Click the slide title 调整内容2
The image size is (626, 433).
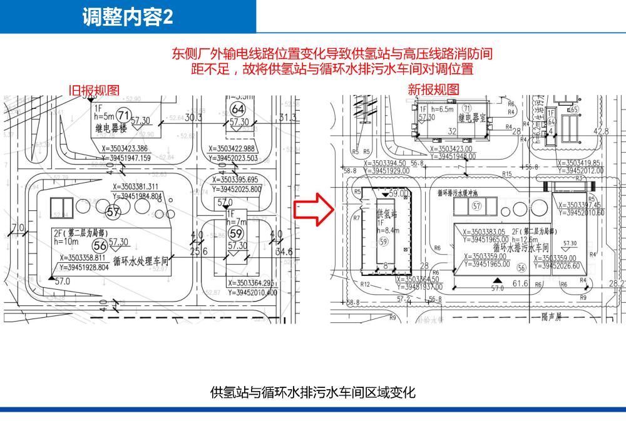(x=128, y=17)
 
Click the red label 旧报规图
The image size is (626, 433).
(x=94, y=90)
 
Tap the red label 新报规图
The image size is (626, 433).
(x=433, y=89)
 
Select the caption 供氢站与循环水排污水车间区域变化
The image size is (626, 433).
(x=313, y=392)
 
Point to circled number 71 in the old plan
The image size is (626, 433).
(x=123, y=115)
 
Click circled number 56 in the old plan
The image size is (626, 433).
(x=99, y=245)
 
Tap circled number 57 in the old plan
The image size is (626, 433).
(x=113, y=213)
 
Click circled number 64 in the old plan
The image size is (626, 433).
(x=239, y=110)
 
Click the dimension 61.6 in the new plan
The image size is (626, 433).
(x=520, y=284)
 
